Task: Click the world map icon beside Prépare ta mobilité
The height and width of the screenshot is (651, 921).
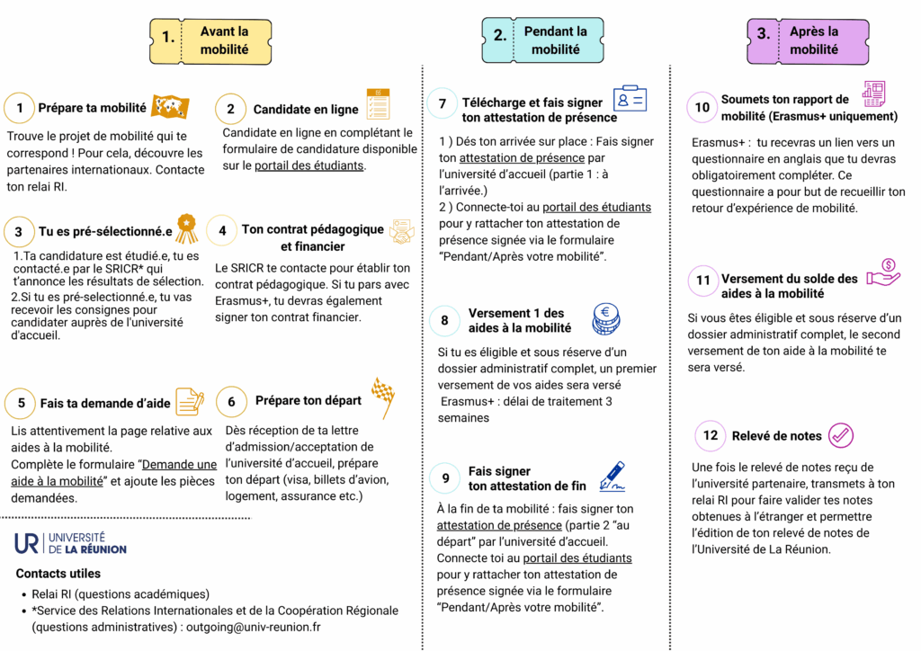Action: click(x=169, y=107)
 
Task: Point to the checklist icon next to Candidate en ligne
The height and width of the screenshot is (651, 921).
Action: click(x=378, y=104)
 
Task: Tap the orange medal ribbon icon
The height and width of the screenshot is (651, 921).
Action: click(x=186, y=228)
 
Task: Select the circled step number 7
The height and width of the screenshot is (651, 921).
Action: click(x=443, y=103)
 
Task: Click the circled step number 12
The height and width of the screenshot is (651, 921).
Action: click(x=711, y=435)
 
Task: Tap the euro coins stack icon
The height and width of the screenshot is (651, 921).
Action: click(x=605, y=318)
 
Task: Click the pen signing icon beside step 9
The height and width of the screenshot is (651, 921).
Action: click(x=611, y=476)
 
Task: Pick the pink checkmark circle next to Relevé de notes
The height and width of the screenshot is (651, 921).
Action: click(x=840, y=435)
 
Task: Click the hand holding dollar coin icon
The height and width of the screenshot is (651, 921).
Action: click(x=882, y=272)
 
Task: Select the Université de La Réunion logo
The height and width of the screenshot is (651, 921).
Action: click(x=70, y=542)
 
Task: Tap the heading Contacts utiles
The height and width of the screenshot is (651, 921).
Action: click(x=58, y=574)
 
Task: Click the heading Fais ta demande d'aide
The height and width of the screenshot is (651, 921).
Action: click(x=105, y=404)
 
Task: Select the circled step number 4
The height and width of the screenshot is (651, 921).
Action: click(x=222, y=230)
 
